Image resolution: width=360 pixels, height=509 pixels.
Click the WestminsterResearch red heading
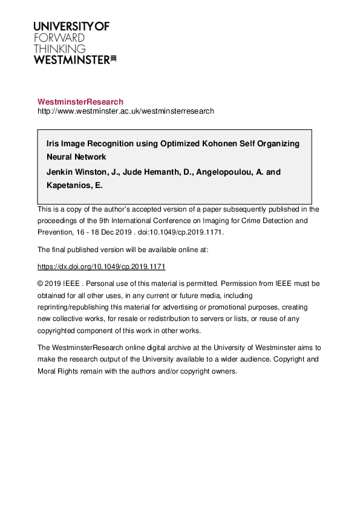[x=80, y=102]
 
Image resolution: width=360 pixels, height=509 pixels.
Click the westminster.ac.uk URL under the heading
[x=125, y=111]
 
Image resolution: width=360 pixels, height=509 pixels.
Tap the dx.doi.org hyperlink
[x=101, y=267]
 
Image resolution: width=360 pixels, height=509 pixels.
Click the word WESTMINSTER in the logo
[x=71, y=60]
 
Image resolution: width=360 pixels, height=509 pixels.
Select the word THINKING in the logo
[x=59, y=48]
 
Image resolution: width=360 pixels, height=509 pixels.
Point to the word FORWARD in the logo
[x=59, y=37]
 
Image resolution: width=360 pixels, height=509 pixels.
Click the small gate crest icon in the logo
[x=113, y=59]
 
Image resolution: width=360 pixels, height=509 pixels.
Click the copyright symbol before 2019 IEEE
[x=41, y=283]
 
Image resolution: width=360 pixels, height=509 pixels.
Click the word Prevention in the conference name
[x=54, y=232]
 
